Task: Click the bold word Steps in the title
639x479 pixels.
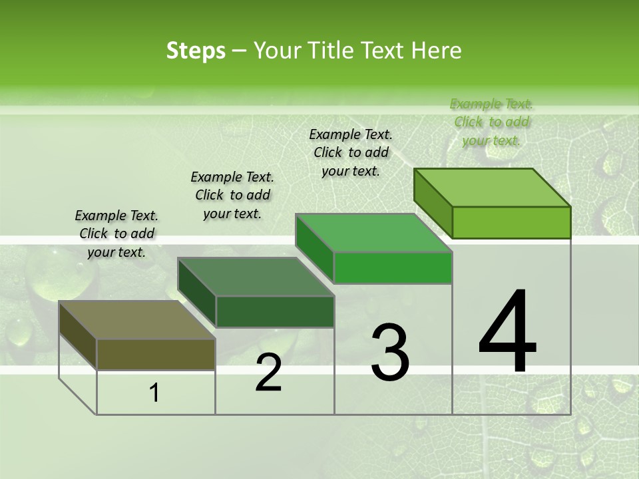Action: tap(196, 51)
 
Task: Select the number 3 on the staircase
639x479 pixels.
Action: tap(389, 352)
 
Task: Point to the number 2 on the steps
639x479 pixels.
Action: tap(268, 373)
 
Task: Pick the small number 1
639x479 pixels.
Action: tap(154, 393)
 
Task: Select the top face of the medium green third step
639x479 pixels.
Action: tap(373, 233)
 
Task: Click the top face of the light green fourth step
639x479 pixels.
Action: tap(492, 187)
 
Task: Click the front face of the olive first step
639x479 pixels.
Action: tap(156, 354)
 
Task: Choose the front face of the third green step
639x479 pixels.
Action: tap(393, 267)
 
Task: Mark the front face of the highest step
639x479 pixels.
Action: tap(511, 222)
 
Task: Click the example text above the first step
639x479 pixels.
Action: tap(116, 234)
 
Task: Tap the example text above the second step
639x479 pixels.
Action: tap(232, 195)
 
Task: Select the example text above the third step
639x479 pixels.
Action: tap(351, 152)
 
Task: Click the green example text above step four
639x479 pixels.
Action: tap(491, 122)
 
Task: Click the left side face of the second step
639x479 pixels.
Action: tap(197, 293)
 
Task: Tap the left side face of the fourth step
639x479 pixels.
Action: tap(433, 203)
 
